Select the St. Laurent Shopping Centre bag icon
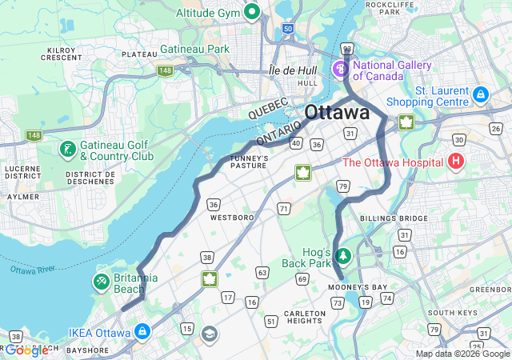click(480, 94)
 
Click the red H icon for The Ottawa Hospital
click(456, 162)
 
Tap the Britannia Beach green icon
click(101, 281)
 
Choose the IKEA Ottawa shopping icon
click(142, 330)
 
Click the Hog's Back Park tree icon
click(343, 256)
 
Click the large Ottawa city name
click(337, 112)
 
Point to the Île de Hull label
click(293, 70)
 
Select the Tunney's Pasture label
click(249, 161)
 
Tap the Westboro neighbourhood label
click(232, 217)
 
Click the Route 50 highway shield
click(288, 29)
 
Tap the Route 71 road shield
click(284, 208)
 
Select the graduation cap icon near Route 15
click(209, 334)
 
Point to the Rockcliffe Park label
click(382, 8)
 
